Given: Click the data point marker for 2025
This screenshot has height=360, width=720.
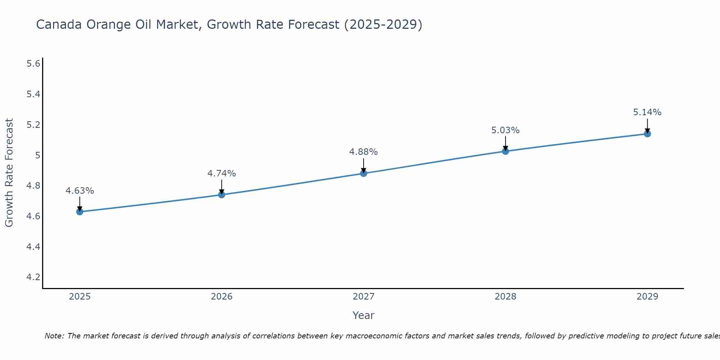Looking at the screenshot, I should point(80,212).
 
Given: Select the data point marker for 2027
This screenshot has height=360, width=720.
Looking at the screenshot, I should point(364,174).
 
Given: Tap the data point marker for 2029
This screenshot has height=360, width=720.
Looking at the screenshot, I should point(647,134).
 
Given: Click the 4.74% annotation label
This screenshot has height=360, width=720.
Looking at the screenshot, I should point(222,174).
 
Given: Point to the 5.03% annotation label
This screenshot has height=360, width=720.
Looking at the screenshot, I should point(505,130).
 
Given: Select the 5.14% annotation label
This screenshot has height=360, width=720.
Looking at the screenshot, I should point(647,112).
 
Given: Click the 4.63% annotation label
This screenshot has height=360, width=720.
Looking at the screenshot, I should point(80,191).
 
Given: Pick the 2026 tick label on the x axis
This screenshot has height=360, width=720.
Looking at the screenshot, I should point(222,297).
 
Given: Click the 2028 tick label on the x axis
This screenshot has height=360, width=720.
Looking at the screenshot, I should point(505,297).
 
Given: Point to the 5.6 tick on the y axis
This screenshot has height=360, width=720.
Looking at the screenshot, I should point(33,64).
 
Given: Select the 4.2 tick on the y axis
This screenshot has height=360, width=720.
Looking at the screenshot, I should point(33,277).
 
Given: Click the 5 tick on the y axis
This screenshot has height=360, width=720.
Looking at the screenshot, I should point(37,156).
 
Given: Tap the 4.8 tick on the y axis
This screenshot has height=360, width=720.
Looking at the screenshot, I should point(33,186).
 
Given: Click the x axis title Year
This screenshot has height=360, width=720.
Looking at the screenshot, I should point(364,315).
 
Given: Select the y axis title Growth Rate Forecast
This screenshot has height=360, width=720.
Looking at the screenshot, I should point(9,173).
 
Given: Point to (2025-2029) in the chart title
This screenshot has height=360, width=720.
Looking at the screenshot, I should point(383,24).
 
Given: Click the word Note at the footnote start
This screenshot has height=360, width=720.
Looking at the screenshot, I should point(54,336).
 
